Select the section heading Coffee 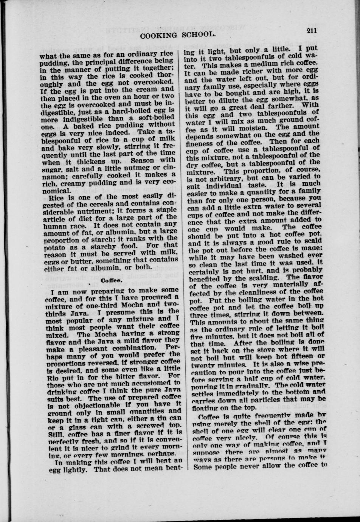point(112,280)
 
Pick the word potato point(61,245)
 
